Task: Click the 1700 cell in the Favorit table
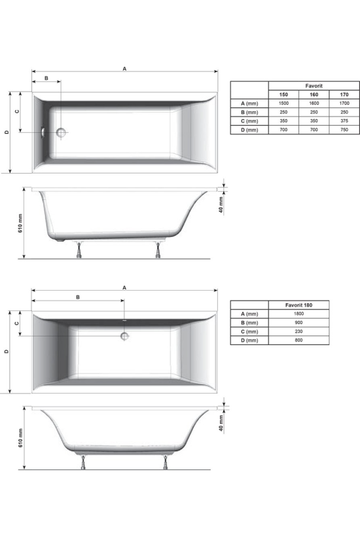tap(344, 103)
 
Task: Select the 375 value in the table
tap(344, 121)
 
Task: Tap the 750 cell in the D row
tap(344, 130)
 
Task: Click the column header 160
tap(314, 94)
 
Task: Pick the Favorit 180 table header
tap(298, 305)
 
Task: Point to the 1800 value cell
tap(298, 314)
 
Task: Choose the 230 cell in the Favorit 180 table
tap(298, 331)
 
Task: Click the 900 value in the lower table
tap(298, 323)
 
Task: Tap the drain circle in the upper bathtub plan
tap(62, 132)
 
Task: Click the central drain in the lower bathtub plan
tap(124, 336)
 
